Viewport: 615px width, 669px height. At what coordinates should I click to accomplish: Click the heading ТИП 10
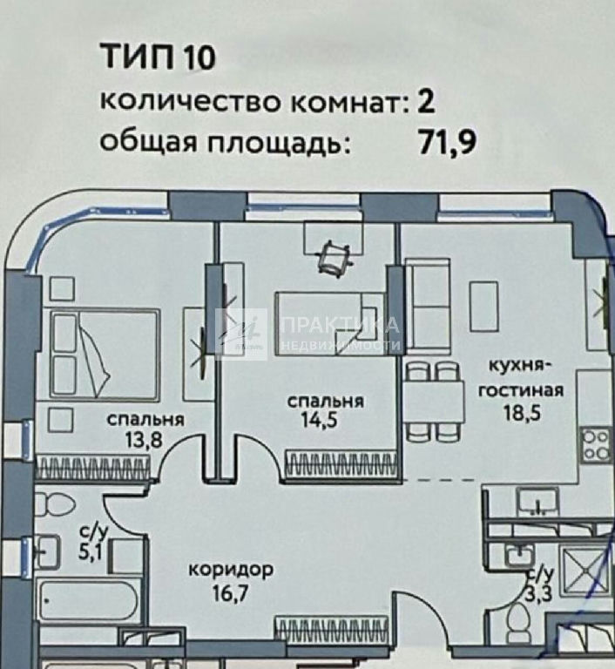point(158,57)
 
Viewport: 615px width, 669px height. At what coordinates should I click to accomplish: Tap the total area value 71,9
point(447,143)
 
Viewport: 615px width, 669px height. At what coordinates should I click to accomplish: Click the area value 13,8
point(144,439)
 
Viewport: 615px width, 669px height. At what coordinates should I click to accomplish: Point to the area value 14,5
point(319,420)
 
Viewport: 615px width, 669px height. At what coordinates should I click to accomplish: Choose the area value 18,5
point(522,413)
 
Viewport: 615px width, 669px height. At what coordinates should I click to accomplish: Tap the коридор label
point(231,570)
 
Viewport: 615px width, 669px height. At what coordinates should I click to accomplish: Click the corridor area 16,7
point(230,593)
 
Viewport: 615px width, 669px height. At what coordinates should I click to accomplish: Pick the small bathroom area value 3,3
point(537,593)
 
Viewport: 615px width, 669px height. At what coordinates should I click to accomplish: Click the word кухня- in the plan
point(520,366)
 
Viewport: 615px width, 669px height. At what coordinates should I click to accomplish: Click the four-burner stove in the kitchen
point(596,445)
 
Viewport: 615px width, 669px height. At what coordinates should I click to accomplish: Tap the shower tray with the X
point(585,571)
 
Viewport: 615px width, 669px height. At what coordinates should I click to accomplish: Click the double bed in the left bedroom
point(105,355)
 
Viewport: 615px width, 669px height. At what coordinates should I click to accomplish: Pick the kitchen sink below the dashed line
point(537,501)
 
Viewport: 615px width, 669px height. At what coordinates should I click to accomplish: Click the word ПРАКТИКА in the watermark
point(340,326)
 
